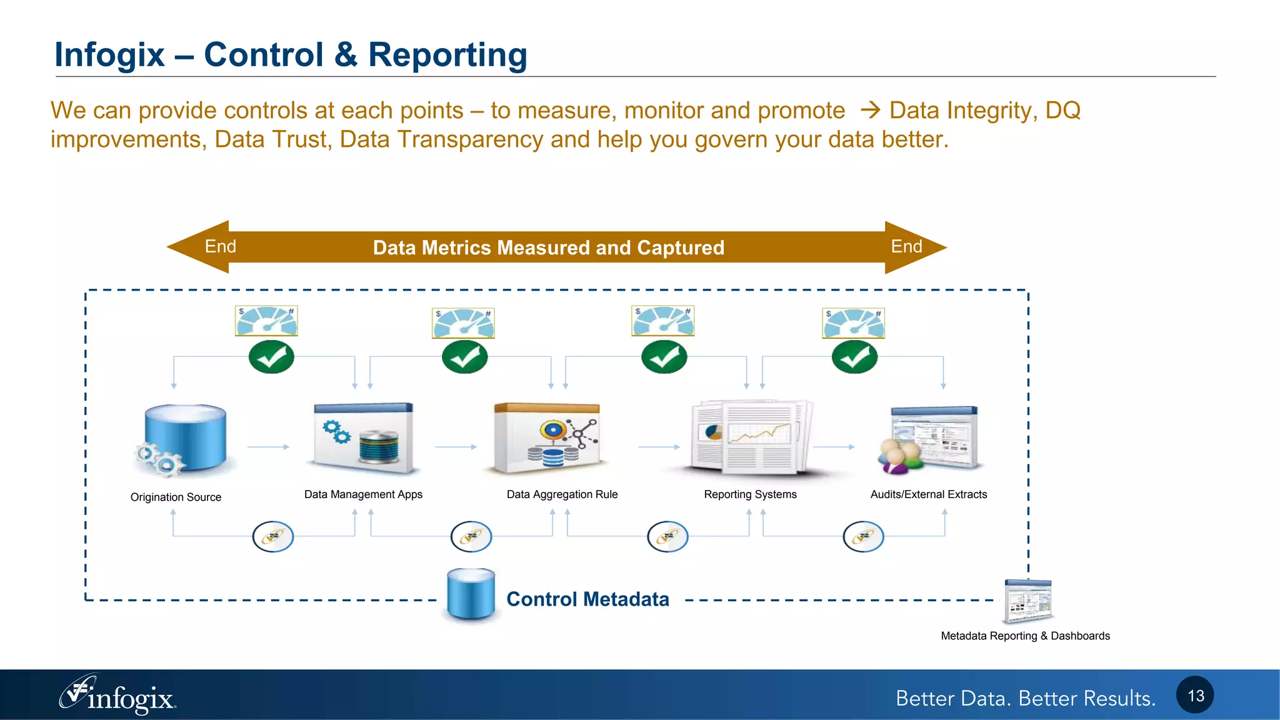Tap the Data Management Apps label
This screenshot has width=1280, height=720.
click(363, 494)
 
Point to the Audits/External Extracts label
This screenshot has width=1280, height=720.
click(929, 494)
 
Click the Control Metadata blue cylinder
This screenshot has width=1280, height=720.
click(471, 594)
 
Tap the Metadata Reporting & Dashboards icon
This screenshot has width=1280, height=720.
click(1027, 601)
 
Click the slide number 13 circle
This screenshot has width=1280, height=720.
click(1195, 695)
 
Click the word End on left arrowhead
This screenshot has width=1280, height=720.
click(221, 247)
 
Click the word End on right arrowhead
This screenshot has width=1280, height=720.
click(906, 247)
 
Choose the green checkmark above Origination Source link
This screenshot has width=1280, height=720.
click(271, 357)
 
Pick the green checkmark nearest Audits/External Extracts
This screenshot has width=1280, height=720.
click(854, 357)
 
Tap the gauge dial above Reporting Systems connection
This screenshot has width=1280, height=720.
click(663, 321)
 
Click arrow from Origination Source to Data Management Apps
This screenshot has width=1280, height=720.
click(268, 447)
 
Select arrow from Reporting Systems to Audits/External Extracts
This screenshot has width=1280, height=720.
click(833, 447)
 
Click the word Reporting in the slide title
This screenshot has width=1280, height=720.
click(447, 55)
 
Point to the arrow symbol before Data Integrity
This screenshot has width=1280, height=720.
click(870, 111)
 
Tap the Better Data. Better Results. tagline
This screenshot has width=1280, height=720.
click(1025, 698)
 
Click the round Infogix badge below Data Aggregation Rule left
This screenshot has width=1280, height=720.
click(471, 537)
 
